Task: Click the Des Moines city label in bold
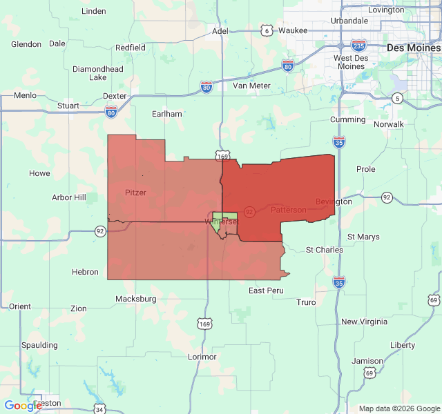(x=412, y=48)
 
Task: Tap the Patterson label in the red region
(x=288, y=209)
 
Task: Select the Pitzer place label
(x=135, y=193)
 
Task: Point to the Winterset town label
(x=221, y=221)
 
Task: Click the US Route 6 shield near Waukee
(x=267, y=30)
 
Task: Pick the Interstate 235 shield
(x=358, y=45)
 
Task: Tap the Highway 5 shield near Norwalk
(x=396, y=99)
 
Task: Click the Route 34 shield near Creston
(x=99, y=409)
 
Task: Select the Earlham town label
(x=167, y=113)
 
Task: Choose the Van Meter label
(x=251, y=86)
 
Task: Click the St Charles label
(x=324, y=249)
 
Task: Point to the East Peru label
(x=266, y=290)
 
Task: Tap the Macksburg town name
(x=136, y=299)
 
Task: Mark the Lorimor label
(x=202, y=357)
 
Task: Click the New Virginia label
(x=364, y=322)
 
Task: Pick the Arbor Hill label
(x=69, y=197)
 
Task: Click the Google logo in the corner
(x=23, y=406)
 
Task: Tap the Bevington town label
(x=334, y=201)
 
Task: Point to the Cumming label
(x=347, y=119)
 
